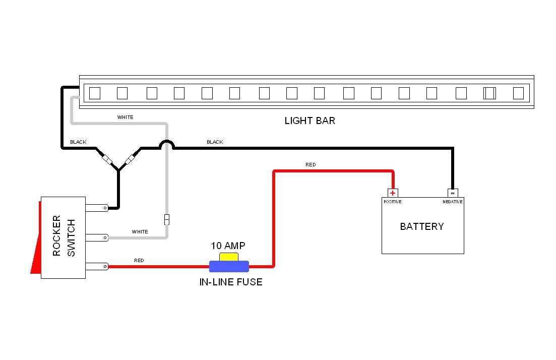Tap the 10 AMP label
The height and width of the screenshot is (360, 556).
point(228,246)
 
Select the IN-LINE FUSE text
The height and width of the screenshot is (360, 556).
point(231,282)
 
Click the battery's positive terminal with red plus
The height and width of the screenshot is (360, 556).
point(393,193)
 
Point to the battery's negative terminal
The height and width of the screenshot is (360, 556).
point(453,193)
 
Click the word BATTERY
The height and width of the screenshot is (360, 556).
point(422,226)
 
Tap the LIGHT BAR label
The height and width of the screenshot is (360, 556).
point(310,121)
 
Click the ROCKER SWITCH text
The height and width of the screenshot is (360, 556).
point(64,236)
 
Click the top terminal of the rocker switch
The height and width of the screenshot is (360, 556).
point(96,207)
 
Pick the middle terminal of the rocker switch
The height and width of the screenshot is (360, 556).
point(96,237)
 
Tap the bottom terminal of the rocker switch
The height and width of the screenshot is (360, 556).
point(96,266)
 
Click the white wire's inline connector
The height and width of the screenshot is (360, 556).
point(166,220)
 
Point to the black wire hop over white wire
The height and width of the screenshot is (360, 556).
point(167,145)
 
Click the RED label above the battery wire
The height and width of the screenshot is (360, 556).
point(311,165)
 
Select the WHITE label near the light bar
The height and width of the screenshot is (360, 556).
point(126,117)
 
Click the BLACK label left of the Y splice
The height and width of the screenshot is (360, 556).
point(78,142)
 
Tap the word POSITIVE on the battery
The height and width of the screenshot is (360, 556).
point(392,202)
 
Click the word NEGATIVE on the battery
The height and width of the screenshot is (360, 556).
point(453,202)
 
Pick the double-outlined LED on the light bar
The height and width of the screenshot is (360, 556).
point(489,93)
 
